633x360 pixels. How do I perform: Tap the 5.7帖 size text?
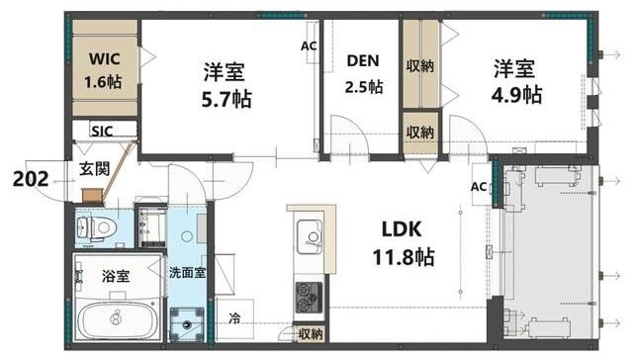tap(226, 99)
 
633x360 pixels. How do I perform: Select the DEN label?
tap(361, 59)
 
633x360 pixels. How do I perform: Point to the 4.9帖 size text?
tap(517, 95)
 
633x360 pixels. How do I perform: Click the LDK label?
tap(402, 229)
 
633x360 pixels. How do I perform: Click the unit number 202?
tap(33, 180)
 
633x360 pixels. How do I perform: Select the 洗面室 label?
tap(187, 272)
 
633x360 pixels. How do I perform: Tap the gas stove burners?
tap(308, 296)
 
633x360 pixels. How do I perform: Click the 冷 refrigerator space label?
tap(234, 319)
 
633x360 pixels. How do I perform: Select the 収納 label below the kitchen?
tap(310, 334)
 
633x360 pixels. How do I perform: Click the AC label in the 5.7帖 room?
tap(308, 46)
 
